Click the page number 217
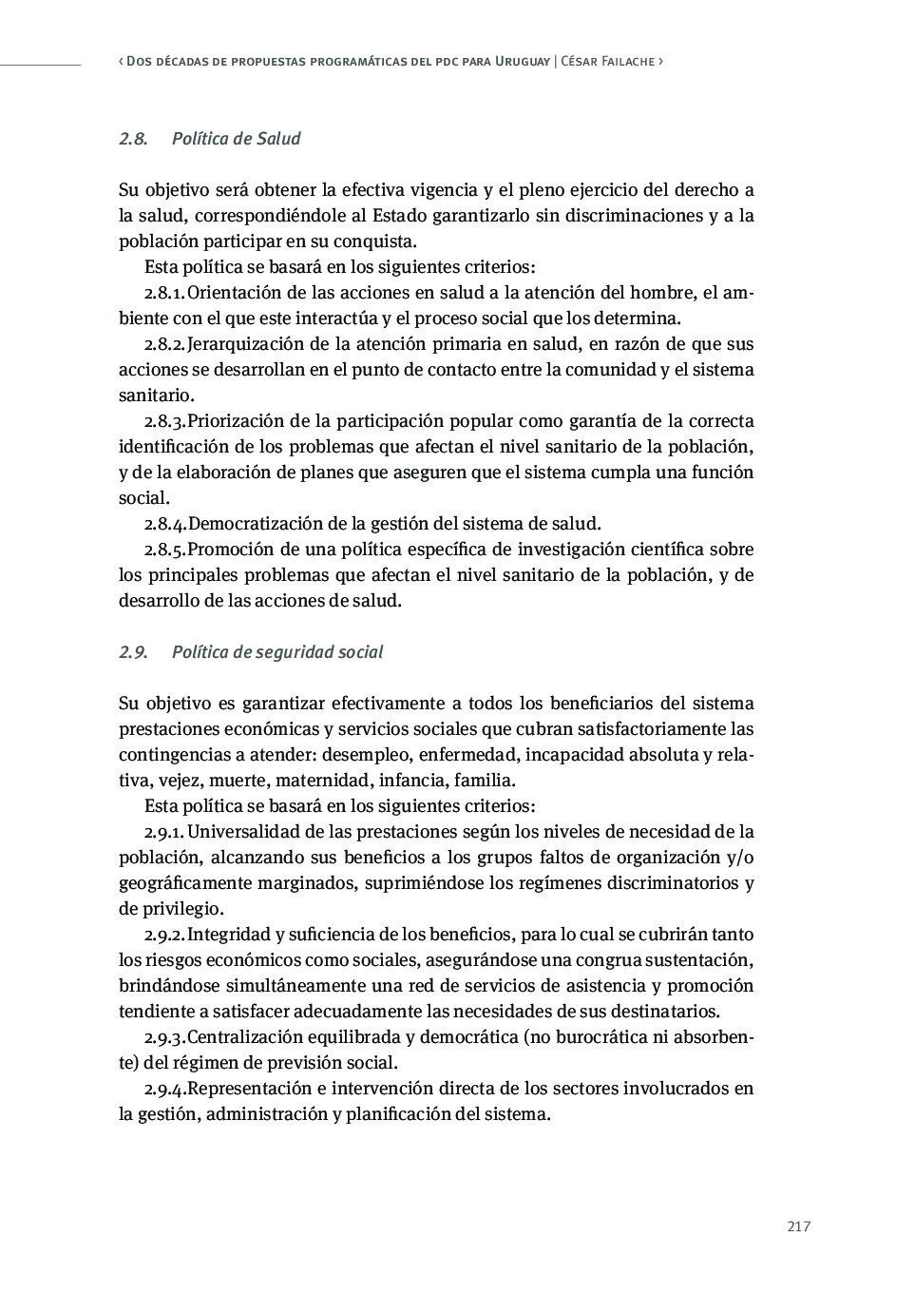798,1226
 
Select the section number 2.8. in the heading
133,139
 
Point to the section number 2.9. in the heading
133,652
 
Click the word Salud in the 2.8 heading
278,139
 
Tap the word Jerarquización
245,344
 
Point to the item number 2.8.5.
164,550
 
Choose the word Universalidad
244,832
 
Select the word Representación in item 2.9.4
250,1089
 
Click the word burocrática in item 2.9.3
601,1037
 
